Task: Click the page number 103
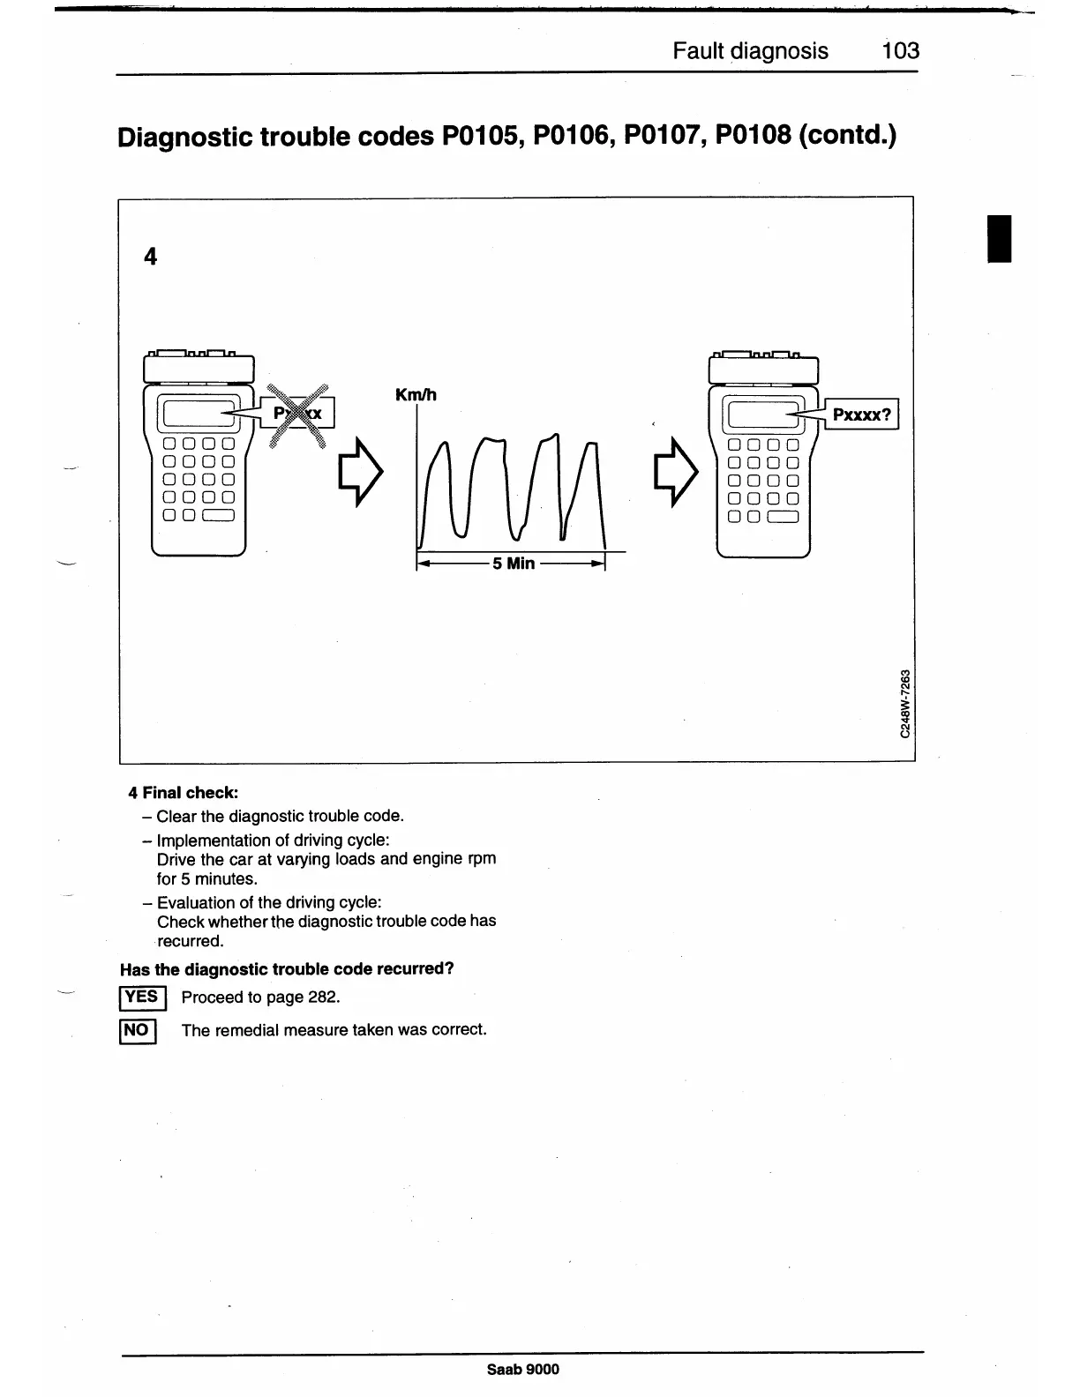[900, 50]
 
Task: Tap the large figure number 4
[151, 257]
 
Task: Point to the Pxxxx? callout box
[861, 413]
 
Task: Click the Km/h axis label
[416, 394]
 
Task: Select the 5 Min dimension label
[514, 563]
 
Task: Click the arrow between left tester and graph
[362, 473]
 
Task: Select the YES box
[140, 997]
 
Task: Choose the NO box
[137, 1030]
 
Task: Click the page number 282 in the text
[321, 997]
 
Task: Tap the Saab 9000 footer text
[522, 1369]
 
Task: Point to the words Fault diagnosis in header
[750, 50]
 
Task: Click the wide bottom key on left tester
[220, 516]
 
